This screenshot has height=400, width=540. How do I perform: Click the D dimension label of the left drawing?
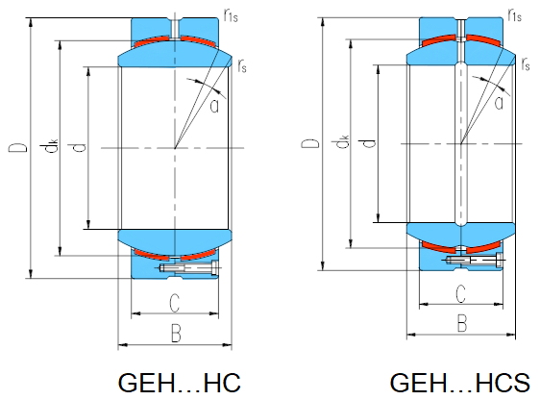[x=17, y=148]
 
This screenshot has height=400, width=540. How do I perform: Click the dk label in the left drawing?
[x=49, y=146]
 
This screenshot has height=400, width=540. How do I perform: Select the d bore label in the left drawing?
[x=79, y=148]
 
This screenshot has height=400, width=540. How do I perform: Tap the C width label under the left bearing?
[x=175, y=303]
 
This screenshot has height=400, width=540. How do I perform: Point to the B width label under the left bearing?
[x=176, y=333]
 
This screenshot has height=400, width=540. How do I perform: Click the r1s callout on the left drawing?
[x=231, y=15]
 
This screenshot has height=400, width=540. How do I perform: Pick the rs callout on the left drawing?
[x=242, y=65]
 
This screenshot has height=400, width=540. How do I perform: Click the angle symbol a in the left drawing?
[x=214, y=106]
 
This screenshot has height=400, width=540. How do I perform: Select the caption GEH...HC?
[x=179, y=383]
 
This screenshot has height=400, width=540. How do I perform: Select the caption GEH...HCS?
[x=459, y=383]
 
